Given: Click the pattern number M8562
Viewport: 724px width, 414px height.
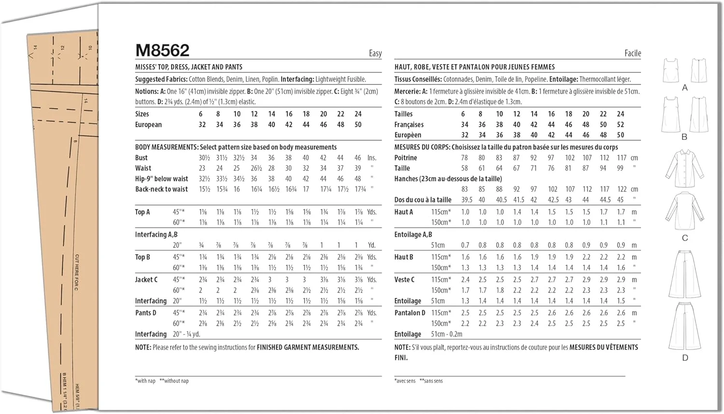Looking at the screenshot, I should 162,50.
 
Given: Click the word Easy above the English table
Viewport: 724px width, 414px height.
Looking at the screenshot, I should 375,54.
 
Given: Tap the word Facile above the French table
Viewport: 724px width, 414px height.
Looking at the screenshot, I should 632,54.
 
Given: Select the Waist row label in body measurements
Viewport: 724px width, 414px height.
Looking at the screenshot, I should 143,168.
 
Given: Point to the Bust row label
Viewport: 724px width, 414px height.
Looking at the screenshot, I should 141,158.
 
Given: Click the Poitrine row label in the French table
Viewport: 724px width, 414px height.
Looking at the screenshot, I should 405,158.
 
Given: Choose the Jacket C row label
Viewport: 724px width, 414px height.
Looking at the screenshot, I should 146,280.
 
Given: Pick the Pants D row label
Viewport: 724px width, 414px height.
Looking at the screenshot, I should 145,313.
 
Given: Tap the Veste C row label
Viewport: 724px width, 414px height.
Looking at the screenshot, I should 404,280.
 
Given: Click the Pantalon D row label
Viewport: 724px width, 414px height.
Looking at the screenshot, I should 410,313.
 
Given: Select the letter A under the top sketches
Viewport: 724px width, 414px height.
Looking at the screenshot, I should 684,88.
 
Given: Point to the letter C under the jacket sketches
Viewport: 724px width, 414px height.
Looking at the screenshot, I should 684,238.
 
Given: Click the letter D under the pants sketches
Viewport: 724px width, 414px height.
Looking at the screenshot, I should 685,358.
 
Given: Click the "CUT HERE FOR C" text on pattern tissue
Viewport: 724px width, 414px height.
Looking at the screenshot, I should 77,273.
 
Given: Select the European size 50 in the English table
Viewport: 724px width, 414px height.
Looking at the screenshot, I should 358,124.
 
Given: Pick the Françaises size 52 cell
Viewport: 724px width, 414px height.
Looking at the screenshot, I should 620,124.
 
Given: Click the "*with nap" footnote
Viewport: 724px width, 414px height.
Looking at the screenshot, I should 145,381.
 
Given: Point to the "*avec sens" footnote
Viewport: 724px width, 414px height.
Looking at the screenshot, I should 405,381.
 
